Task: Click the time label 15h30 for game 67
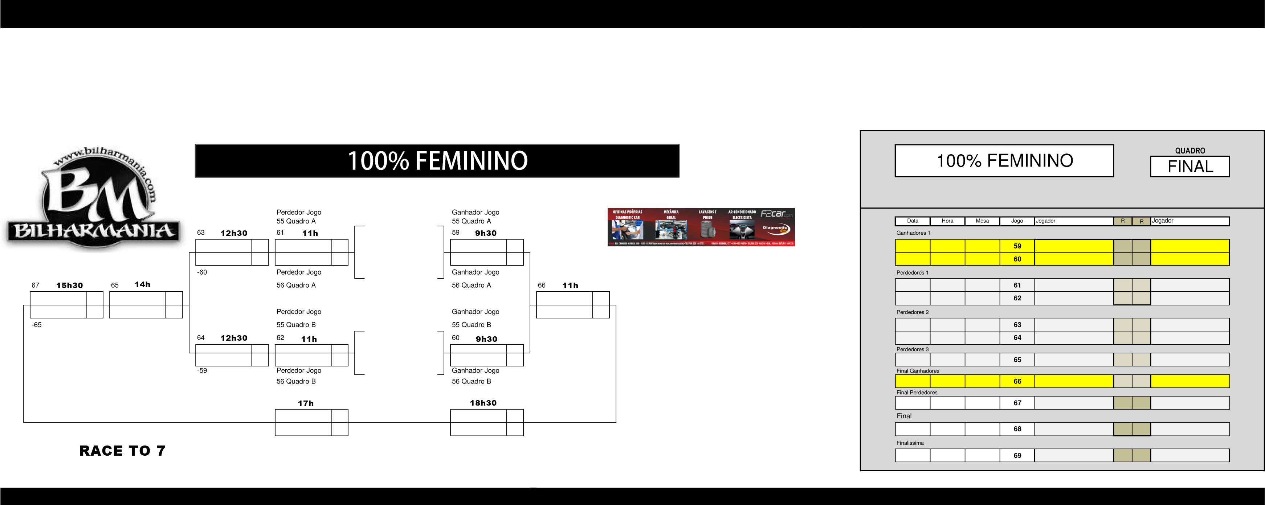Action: pos(69,286)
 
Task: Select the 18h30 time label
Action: pos(483,403)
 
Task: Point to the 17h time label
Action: pos(305,403)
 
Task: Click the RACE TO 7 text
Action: pos(122,451)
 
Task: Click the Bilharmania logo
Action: pos(93,199)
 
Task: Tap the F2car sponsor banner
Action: pos(701,227)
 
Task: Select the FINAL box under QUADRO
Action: pos(1189,167)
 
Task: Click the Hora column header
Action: pos(947,221)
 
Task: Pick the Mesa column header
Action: pos(982,221)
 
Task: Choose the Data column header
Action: pos(913,221)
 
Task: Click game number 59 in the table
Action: pos(1017,246)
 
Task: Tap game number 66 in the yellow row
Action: pos(1017,381)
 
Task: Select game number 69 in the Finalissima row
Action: pos(1017,455)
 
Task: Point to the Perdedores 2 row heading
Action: pos(913,312)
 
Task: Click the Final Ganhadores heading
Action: pos(917,371)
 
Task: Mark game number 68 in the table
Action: pos(1017,429)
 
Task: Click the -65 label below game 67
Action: pos(37,325)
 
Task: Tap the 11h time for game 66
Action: pos(570,286)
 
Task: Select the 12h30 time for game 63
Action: pos(234,233)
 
